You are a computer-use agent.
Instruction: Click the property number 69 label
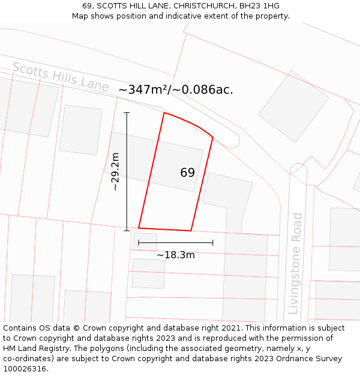[187, 173]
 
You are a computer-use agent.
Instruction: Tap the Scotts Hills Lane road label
[60, 77]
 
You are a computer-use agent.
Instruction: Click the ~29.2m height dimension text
[115, 172]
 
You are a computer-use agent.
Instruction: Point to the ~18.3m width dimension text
[175, 255]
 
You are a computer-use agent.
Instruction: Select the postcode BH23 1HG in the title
[259, 6]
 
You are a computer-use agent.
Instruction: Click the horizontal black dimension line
[175, 243]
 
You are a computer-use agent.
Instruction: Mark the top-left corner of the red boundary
[164, 113]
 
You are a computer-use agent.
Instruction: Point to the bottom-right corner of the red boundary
[191, 230]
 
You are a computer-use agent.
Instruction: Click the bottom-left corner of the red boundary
[139, 228]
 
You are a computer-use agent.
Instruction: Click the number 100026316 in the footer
[25, 369]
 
